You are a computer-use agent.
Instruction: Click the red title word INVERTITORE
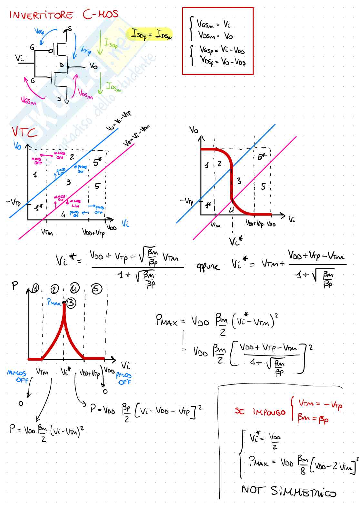coord(41,15)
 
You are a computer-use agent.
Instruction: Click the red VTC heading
coord(25,132)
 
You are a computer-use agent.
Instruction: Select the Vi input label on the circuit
coord(19,58)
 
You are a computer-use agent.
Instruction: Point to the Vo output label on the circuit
coord(93,66)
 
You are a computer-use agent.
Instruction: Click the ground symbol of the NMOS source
coord(67,102)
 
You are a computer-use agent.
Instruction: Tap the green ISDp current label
coord(111,44)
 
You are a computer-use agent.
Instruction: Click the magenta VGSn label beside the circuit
coord(28,101)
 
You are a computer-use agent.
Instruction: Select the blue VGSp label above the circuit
coord(40,31)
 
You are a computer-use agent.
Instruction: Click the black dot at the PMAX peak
coord(64,302)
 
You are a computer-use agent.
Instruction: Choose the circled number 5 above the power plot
coord(96,289)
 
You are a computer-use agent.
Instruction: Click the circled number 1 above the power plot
coord(35,288)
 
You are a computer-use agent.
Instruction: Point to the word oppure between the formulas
coord(208,266)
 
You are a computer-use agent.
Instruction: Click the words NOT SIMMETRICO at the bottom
coord(288,491)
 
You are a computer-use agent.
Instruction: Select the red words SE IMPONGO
coord(260,412)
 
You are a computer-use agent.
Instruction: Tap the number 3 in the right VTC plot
coord(239,181)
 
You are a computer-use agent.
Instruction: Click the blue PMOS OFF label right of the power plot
coord(124,379)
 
